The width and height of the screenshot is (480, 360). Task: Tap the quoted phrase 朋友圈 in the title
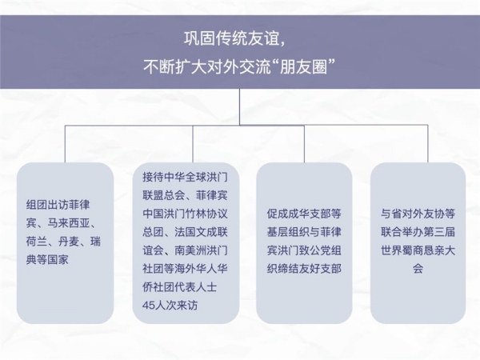tap(303, 66)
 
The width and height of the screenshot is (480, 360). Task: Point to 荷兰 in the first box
tap(37, 242)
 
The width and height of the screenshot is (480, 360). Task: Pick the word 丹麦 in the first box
tap(69, 242)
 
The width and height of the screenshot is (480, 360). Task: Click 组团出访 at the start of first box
tap(47, 205)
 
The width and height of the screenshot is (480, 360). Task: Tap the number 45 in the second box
tap(148, 306)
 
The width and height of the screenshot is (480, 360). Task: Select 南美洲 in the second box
tap(190, 250)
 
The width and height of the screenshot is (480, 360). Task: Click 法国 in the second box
tap(186, 232)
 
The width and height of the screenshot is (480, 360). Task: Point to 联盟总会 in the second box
tap(164, 196)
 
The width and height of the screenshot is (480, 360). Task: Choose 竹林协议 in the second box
tap(206, 214)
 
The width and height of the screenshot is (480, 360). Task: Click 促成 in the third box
tap(278, 214)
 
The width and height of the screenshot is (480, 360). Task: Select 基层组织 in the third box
tap(288, 232)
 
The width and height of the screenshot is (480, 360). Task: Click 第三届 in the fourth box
tap(439, 232)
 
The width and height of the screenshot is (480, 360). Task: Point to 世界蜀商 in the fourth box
tap(402, 250)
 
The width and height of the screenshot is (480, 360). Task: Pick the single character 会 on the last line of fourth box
tap(418, 269)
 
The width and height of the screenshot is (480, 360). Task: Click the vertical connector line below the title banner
tap(239, 107)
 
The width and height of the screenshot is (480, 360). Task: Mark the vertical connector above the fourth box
tap(428, 143)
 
